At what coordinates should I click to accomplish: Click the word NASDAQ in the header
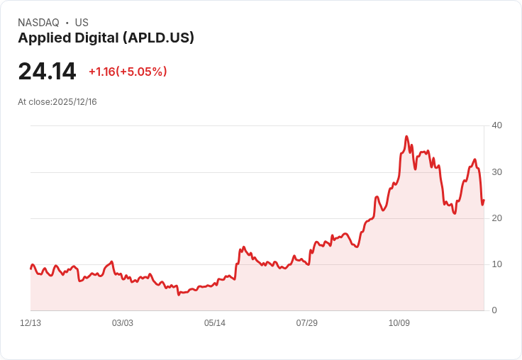(x=38, y=23)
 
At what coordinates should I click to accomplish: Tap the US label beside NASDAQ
(x=82, y=23)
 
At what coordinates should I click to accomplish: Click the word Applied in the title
(x=43, y=38)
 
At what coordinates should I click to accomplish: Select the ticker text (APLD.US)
(x=158, y=38)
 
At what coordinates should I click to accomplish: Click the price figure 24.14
(x=47, y=72)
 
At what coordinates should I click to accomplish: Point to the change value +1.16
(x=102, y=72)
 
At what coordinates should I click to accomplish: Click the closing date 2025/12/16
(x=74, y=102)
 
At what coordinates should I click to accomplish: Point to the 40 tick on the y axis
(x=496, y=125)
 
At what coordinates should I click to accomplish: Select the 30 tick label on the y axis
(x=496, y=171)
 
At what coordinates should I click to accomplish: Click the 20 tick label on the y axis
(x=496, y=218)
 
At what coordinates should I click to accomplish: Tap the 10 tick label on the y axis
(x=496, y=264)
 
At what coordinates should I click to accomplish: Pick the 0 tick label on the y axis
(x=494, y=310)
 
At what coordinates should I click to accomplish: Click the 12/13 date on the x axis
(x=30, y=323)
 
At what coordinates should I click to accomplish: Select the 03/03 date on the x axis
(x=123, y=323)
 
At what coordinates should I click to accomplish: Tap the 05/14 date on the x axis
(x=215, y=323)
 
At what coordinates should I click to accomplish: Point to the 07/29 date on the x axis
(x=307, y=323)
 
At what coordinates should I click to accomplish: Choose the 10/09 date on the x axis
(x=399, y=323)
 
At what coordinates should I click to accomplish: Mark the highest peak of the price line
(x=406, y=136)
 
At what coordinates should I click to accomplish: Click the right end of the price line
(x=484, y=200)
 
